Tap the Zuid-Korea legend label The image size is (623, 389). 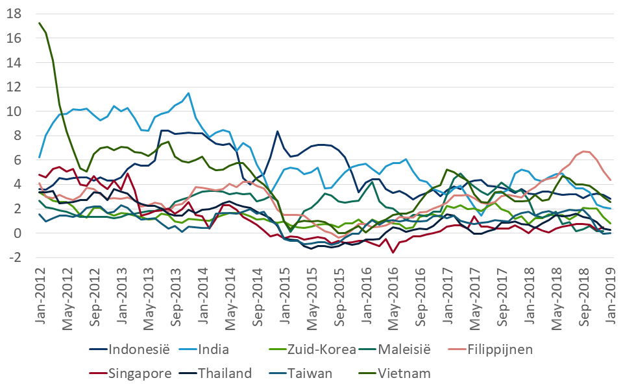click(315, 351)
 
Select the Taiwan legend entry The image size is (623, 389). click(311, 373)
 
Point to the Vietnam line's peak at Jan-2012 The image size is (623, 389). click(40, 23)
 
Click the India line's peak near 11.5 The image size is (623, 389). click(188, 93)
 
